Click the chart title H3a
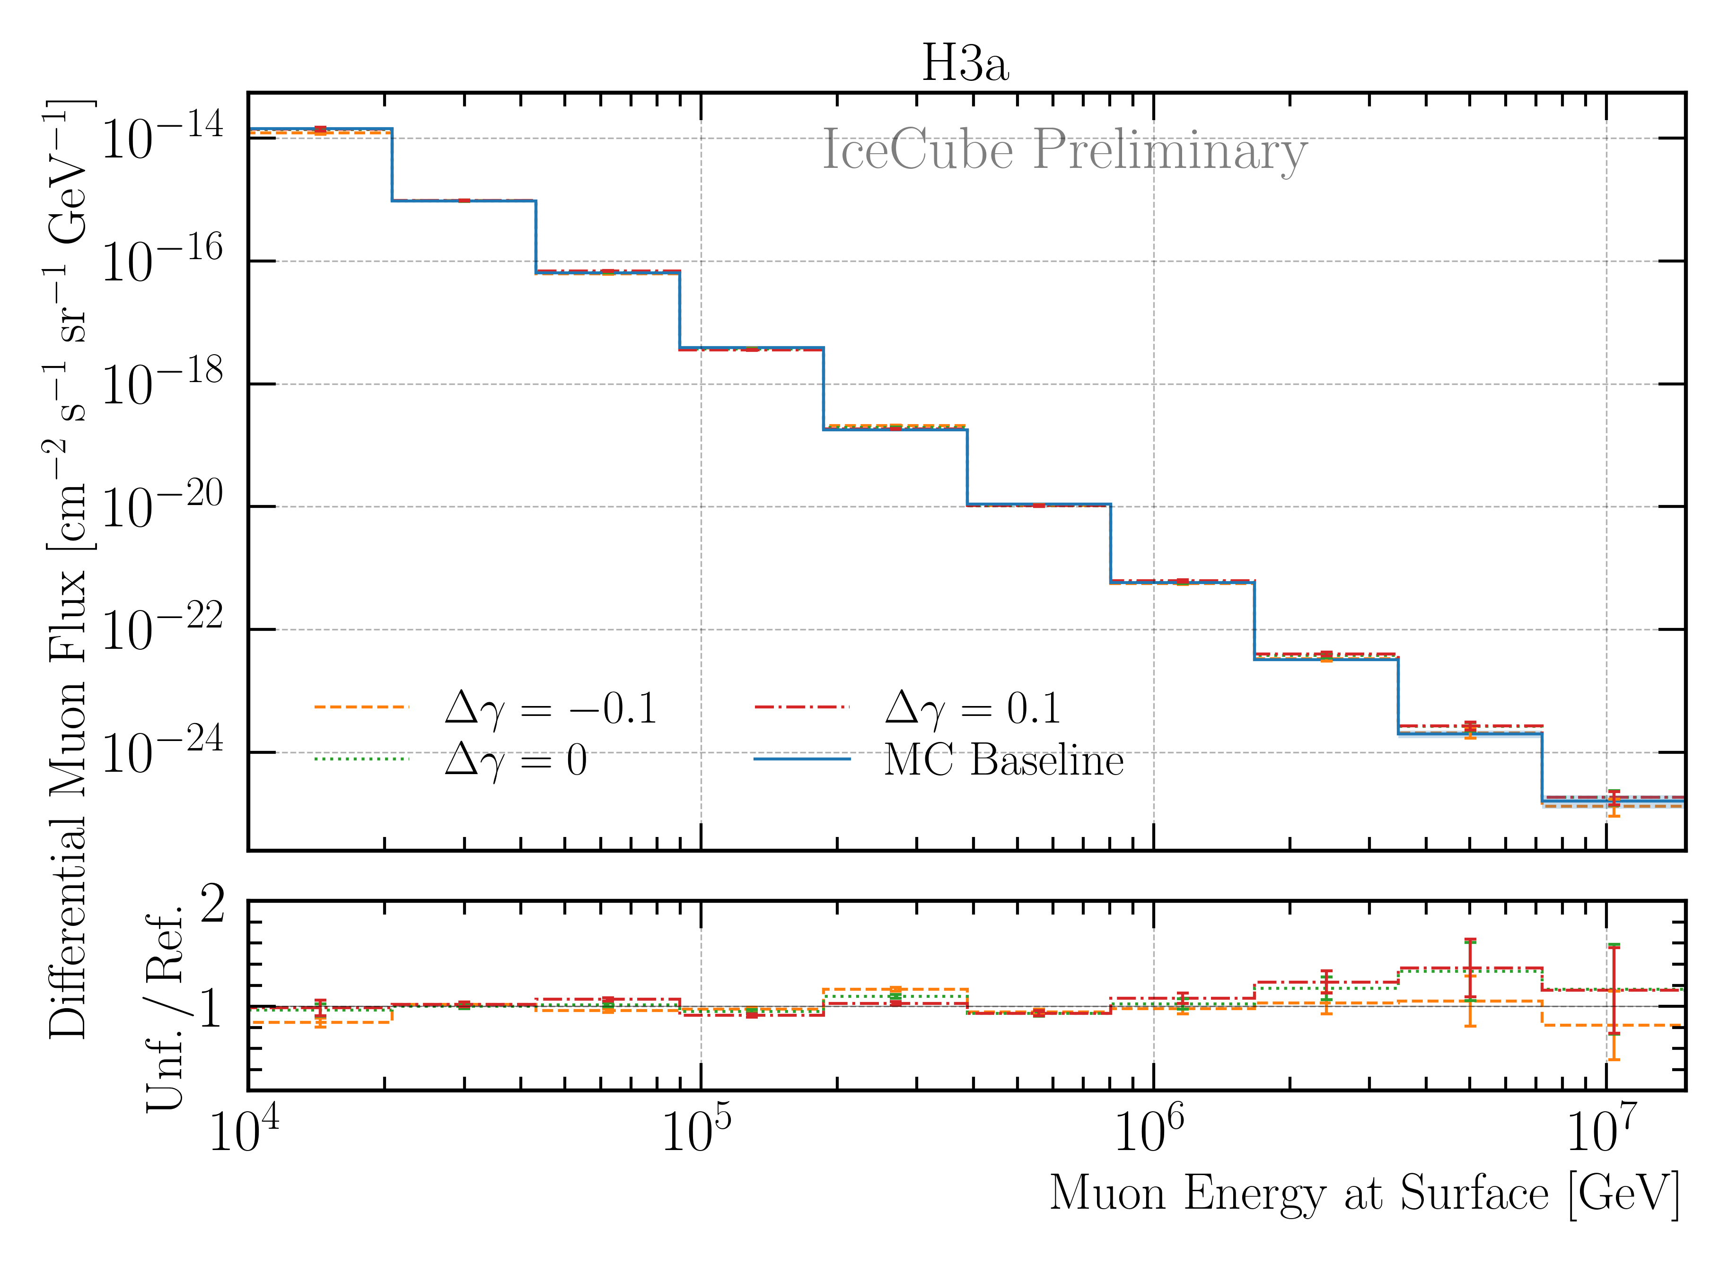[x=965, y=63]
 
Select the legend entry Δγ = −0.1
[x=550, y=708]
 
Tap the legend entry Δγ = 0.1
[x=972, y=708]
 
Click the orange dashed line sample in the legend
[x=361, y=707]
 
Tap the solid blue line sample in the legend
[x=801, y=759]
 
